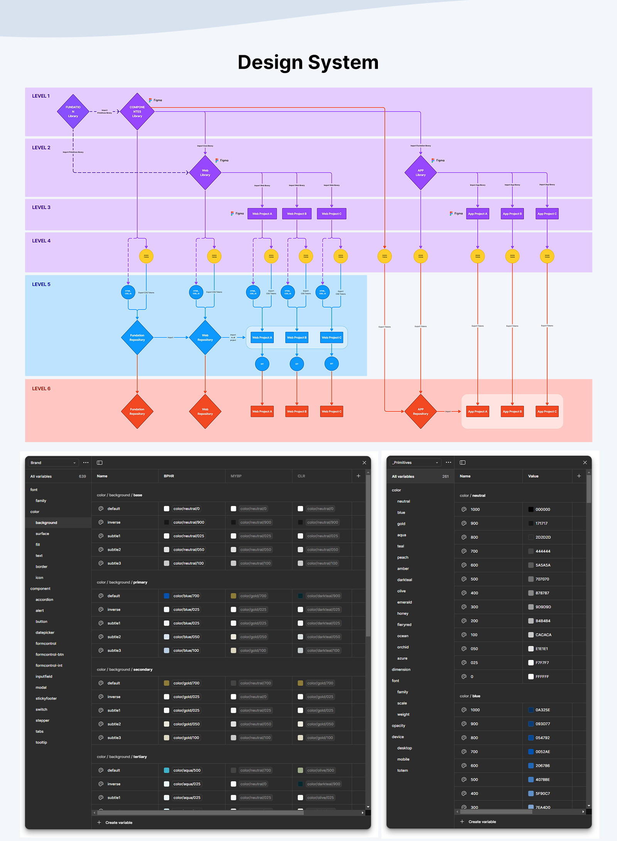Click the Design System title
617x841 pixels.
pyautogui.click(x=308, y=62)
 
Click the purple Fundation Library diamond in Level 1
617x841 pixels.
pyautogui.click(x=73, y=111)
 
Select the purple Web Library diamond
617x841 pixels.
pyautogui.click(x=205, y=172)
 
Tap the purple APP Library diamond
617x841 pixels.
pyautogui.click(x=420, y=172)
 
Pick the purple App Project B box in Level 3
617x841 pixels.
pyautogui.click(x=512, y=214)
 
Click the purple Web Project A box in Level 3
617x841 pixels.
pyautogui.click(x=262, y=214)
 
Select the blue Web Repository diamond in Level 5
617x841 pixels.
pyautogui.click(x=205, y=338)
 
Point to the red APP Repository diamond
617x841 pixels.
pyautogui.click(x=420, y=412)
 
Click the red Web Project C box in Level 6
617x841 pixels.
pyautogui.click(x=331, y=412)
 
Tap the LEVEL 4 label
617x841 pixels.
pyautogui.click(x=41, y=241)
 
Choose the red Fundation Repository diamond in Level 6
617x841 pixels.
pyautogui.click(x=137, y=412)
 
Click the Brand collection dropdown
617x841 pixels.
pyautogui.click(x=53, y=463)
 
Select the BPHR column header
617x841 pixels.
pyautogui.click(x=169, y=476)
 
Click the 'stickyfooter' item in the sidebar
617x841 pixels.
pyautogui.click(x=46, y=698)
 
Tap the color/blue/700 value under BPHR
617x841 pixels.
pyautogui.click(x=186, y=596)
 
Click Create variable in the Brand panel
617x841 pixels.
pyautogui.click(x=119, y=822)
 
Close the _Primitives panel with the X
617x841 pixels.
pyautogui.click(x=585, y=462)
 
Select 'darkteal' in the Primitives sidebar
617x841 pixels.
pyautogui.click(x=405, y=580)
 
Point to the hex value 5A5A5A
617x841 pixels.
pyautogui.click(x=543, y=565)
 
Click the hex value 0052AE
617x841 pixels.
pyautogui.click(x=543, y=751)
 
